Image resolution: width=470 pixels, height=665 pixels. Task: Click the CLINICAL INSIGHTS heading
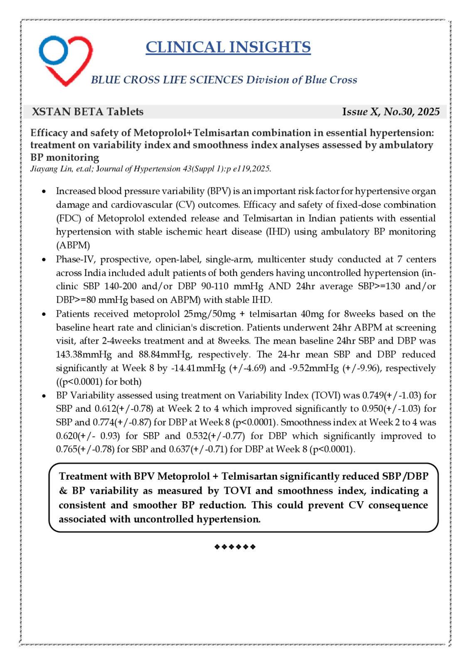tap(228, 47)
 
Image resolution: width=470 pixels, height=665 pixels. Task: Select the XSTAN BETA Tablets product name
tap(88, 112)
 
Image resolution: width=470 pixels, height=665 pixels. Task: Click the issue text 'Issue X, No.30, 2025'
tap(391, 112)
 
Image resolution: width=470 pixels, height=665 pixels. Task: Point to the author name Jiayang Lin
tap(47, 169)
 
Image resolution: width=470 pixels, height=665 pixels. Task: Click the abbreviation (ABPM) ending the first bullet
tap(73, 245)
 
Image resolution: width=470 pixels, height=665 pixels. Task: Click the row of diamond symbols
tap(235, 547)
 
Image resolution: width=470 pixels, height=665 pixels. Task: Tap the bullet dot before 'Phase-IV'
tap(44, 260)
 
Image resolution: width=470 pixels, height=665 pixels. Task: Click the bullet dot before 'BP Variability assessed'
tap(44, 396)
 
